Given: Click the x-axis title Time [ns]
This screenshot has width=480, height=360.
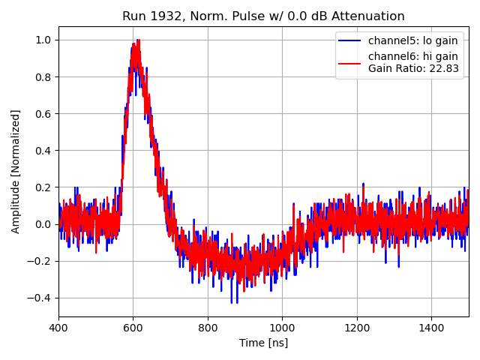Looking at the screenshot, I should pyautogui.click(x=263, y=343).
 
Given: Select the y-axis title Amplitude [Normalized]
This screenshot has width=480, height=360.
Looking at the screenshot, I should pyautogui.click(x=16, y=171).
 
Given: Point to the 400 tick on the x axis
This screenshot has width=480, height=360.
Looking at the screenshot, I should pyautogui.click(x=58, y=328).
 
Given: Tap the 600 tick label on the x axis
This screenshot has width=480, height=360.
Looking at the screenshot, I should pyautogui.click(x=133, y=328).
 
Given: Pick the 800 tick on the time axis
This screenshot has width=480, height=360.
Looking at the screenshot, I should pyautogui.click(x=208, y=328).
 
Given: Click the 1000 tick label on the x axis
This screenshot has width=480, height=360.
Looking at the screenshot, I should pyautogui.click(x=282, y=328).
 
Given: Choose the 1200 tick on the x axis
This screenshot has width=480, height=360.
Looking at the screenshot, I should pyautogui.click(x=357, y=328).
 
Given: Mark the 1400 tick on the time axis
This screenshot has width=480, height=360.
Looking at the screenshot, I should pyautogui.click(x=431, y=328).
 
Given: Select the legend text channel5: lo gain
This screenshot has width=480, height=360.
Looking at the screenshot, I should pyautogui.click(x=412, y=40).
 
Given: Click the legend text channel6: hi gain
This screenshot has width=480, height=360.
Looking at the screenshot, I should pyautogui.click(x=412, y=56).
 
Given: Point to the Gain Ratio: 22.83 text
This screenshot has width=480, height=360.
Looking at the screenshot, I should pyautogui.click(x=413, y=68).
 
